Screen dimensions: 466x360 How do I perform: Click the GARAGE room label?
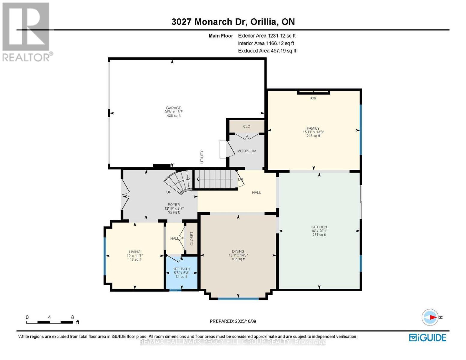(x=173, y=108)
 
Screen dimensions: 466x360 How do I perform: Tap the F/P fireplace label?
(x=313, y=99)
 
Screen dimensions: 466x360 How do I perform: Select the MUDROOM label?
(x=247, y=151)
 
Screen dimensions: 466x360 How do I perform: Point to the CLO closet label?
(x=247, y=126)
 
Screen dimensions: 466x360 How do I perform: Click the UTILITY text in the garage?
(x=202, y=157)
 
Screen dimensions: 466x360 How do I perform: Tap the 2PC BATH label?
(x=182, y=269)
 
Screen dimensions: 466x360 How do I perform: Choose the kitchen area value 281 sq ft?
(x=319, y=235)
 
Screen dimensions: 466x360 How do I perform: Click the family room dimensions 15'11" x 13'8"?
(x=313, y=132)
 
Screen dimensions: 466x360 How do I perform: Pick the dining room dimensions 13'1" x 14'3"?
(x=238, y=255)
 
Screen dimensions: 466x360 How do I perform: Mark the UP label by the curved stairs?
(x=169, y=192)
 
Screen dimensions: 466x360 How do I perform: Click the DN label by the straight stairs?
(x=240, y=179)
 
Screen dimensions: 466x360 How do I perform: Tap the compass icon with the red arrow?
(x=430, y=317)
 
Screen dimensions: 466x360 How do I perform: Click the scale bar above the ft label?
(x=50, y=322)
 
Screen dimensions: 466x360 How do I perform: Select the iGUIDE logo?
(x=428, y=338)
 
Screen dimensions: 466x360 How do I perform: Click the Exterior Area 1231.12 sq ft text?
(x=267, y=36)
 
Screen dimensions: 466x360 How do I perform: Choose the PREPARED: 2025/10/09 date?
(x=233, y=321)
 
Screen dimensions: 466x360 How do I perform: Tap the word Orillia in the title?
(x=263, y=22)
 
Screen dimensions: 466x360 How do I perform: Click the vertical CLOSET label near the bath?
(x=192, y=238)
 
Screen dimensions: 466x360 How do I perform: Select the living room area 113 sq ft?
(x=135, y=259)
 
